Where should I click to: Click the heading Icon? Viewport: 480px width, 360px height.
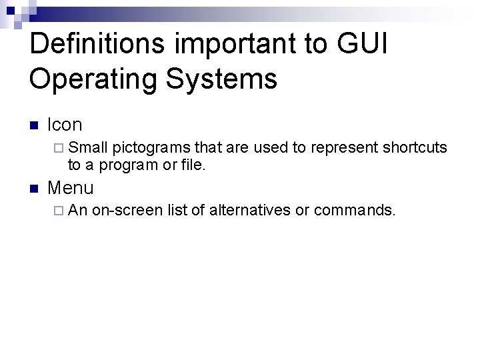tap(65, 125)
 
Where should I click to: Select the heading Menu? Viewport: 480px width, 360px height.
tap(71, 188)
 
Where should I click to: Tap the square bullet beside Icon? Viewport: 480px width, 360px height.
tap(35, 125)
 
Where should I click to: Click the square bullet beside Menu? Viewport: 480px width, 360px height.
tap(35, 189)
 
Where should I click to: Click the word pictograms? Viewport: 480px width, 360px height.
tap(151, 147)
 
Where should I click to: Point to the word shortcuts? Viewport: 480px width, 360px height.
tap(413, 147)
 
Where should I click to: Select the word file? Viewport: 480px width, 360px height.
tap(193, 164)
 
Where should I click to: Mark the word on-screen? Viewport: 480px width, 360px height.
tap(127, 211)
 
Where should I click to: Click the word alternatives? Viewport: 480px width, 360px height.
tap(249, 211)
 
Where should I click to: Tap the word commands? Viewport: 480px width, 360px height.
tap(354, 211)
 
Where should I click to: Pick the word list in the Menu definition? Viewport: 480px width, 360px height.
tap(178, 211)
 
